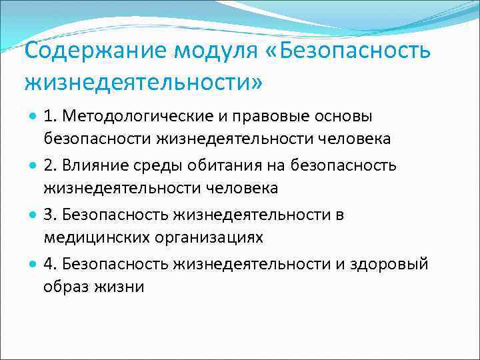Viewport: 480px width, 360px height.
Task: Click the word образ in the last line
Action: click(65, 287)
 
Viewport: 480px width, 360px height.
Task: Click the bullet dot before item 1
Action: click(33, 117)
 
